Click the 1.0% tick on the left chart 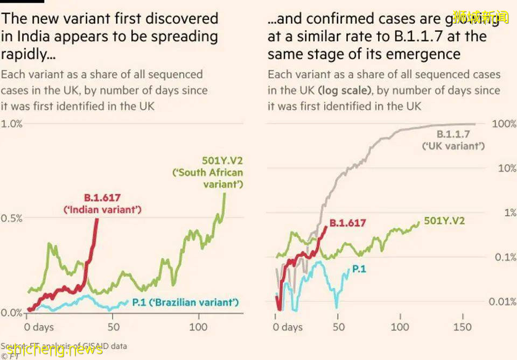click(x=11, y=124)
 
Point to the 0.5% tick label click(x=11, y=218)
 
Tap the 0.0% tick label click(x=11, y=313)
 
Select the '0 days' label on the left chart click(x=39, y=327)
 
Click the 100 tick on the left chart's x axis click(x=198, y=327)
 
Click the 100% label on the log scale click(x=504, y=124)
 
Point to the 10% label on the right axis click(x=506, y=168)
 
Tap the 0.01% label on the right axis click(x=502, y=301)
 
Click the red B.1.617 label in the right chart click(x=347, y=223)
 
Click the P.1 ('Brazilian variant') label click(x=185, y=302)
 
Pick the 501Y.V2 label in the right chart click(x=444, y=221)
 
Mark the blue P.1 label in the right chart click(x=359, y=269)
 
